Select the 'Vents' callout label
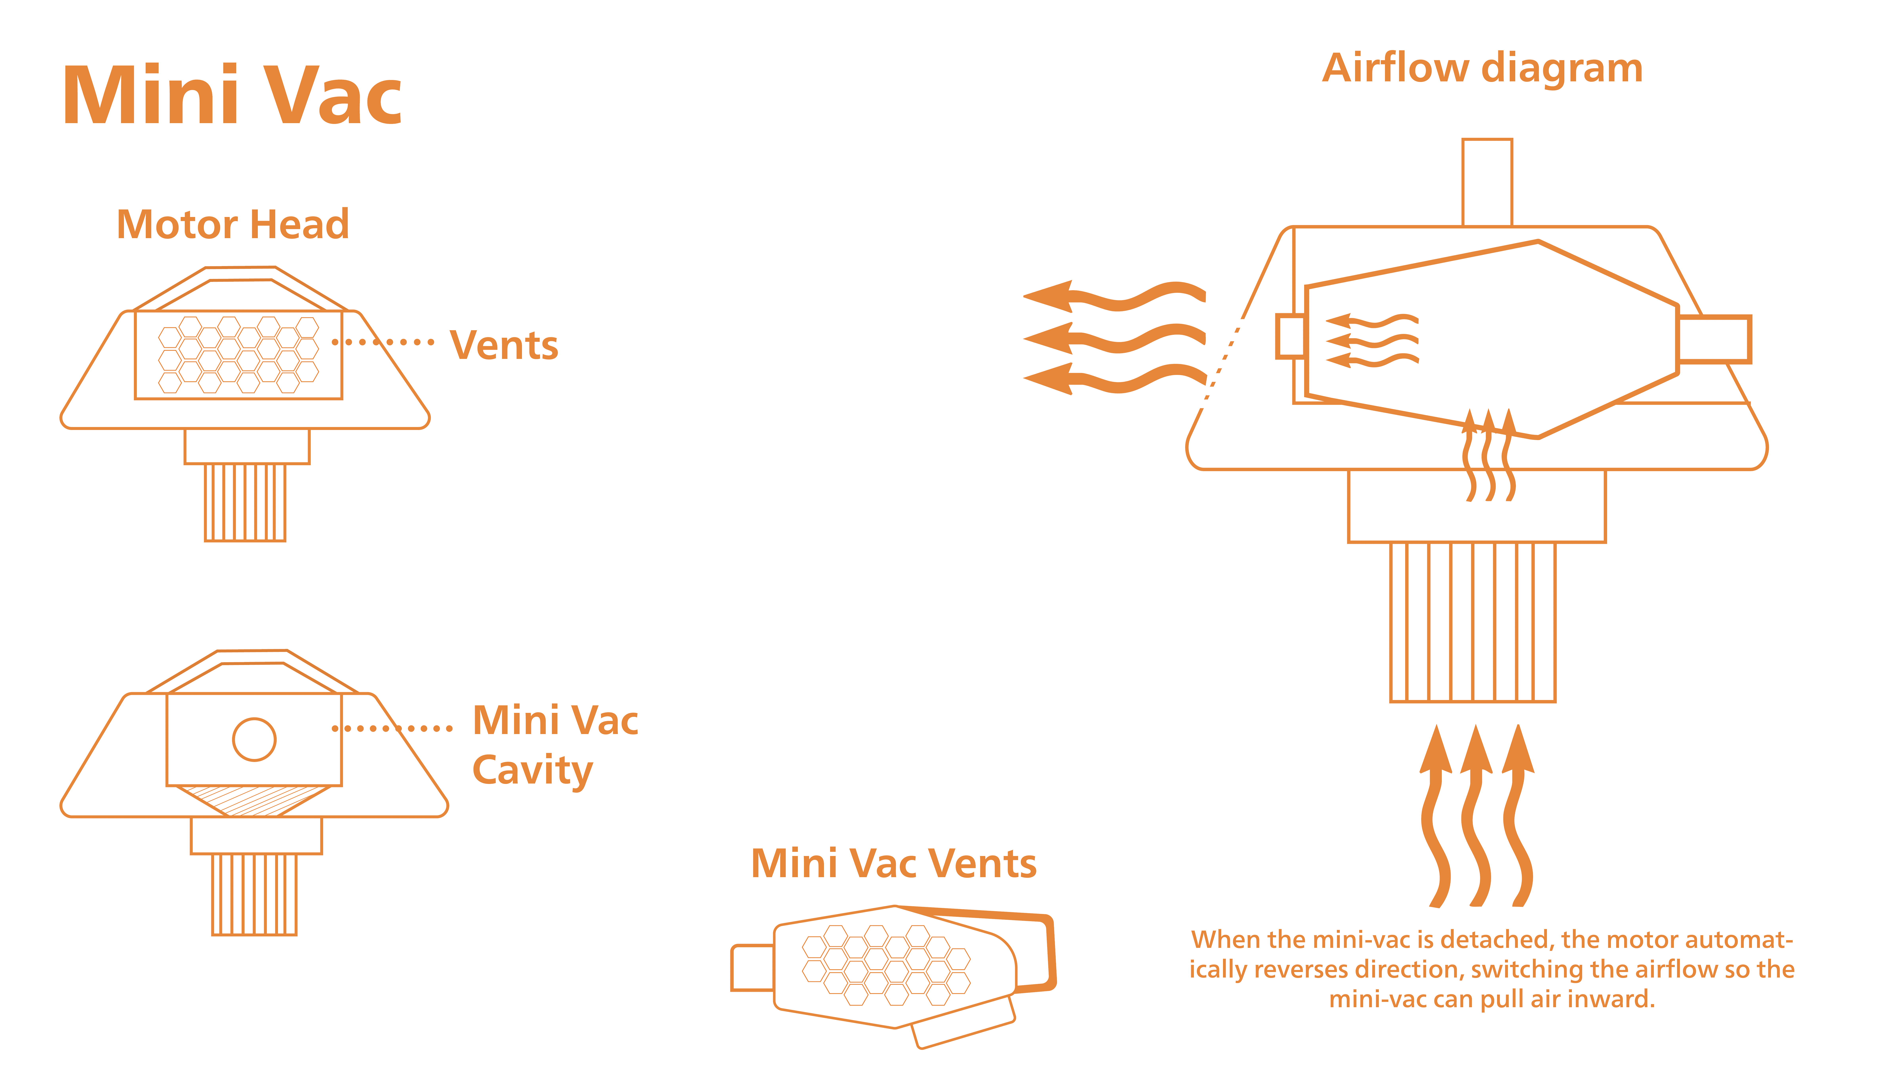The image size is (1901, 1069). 504,345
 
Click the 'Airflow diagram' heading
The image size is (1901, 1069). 1482,69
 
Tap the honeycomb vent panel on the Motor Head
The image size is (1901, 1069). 238,355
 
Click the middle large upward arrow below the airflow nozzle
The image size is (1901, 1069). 1476,815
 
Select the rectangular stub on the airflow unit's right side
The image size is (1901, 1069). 1714,339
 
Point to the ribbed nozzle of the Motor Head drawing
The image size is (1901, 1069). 245,502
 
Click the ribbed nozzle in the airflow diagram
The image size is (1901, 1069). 1473,622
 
